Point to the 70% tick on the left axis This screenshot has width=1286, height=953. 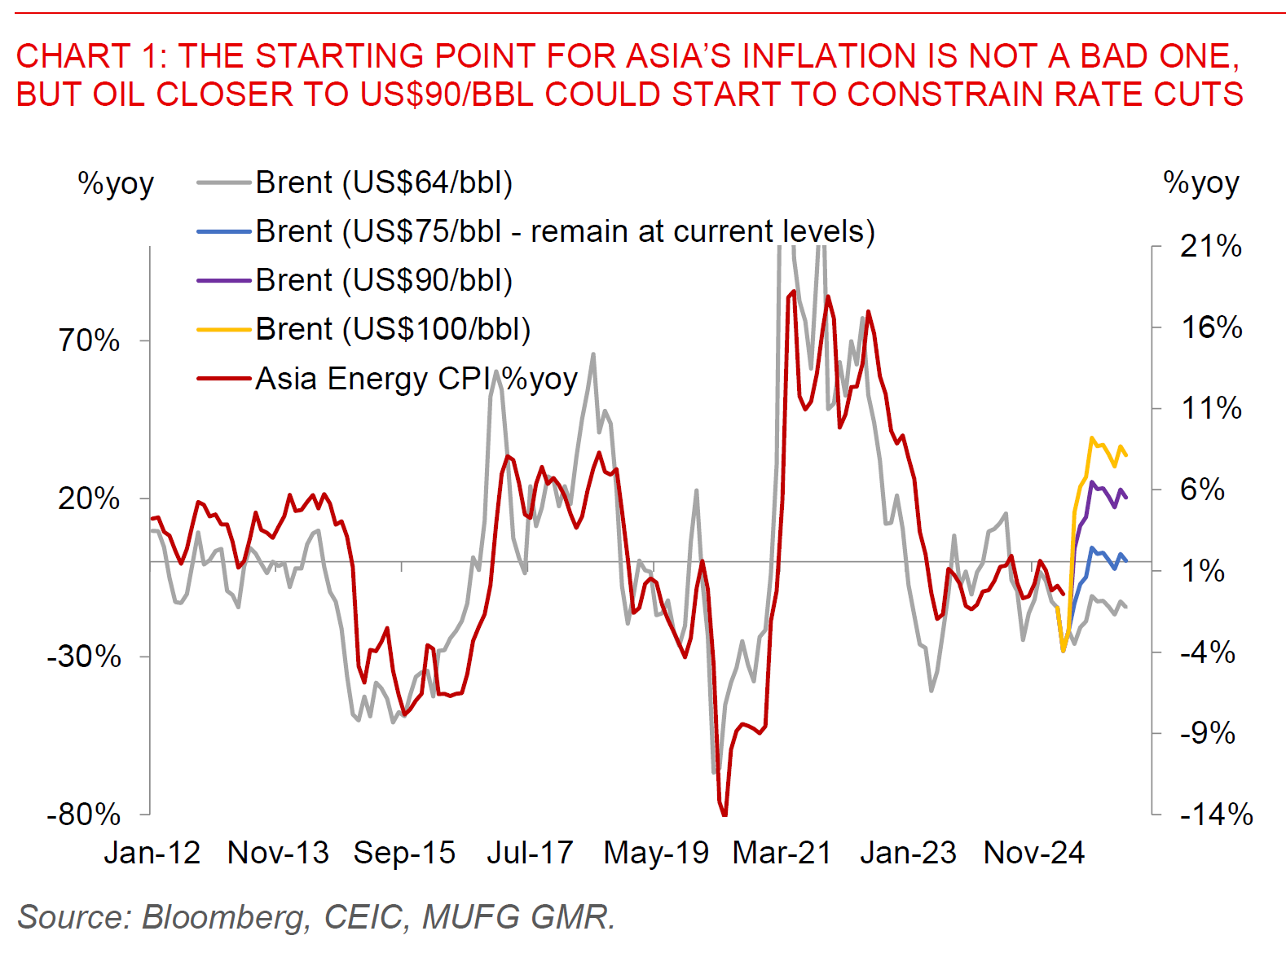(90, 340)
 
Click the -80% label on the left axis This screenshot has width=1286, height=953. (84, 815)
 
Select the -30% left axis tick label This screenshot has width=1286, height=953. (84, 657)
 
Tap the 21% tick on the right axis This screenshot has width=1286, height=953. (1211, 246)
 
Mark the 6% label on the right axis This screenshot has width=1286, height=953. (1202, 490)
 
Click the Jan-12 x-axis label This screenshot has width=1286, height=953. (152, 853)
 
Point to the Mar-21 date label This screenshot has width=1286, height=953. (782, 853)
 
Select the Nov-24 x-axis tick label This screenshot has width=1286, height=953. (1033, 853)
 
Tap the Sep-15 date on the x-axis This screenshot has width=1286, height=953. (404, 853)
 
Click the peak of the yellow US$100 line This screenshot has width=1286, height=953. (1092, 438)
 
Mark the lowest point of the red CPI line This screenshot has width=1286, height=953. (724, 814)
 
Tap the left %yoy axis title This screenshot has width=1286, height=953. (116, 184)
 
